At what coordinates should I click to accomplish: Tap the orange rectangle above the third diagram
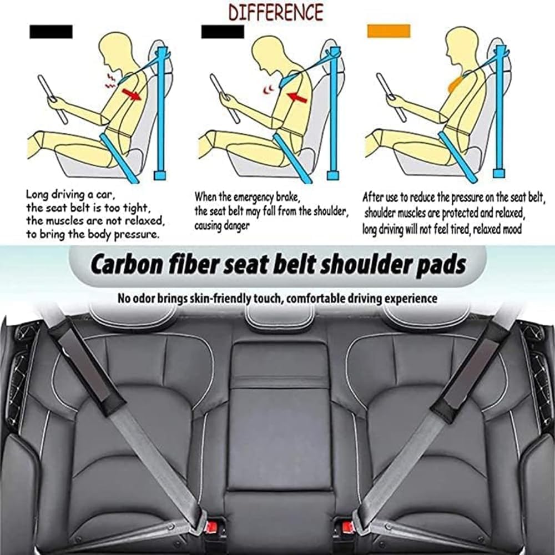(x=389, y=31)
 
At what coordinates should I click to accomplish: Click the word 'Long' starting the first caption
(x=37, y=195)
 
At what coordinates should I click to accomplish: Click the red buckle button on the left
(x=213, y=525)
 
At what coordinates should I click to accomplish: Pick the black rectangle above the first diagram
(x=51, y=32)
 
